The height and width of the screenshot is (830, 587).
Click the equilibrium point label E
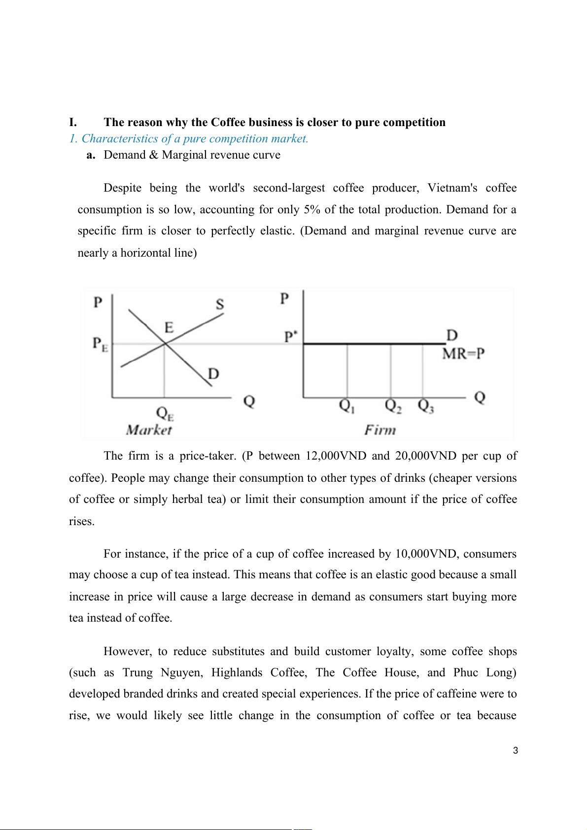pyautogui.click(x=169, y=328)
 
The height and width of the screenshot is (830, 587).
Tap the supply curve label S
pyautogui.click(x=220, y=304)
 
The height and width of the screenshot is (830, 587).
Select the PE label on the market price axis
pyautogui.click(x=100, y=344)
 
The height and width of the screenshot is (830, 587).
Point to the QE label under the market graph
pyautogui.click(x=165, y=413)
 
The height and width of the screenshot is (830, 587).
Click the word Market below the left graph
pyautogui.click(x=149, y=430)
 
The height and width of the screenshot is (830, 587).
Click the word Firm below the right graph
pyautogui.click(x=380, y=430)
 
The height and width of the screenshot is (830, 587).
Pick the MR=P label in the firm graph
pyautogui.click(x=463, y=354)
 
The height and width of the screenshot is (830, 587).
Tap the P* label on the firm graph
pyautogui.click(x=291, y=337)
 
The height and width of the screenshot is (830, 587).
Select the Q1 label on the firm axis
pyautogui.click(x=347, y=406)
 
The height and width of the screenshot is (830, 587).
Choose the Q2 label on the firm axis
pyautogui.click(x=393, y=406)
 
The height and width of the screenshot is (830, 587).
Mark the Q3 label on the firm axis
pyautogui.click(x=426, y=406)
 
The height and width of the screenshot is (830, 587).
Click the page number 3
pyautogui.click(x=516, y=751)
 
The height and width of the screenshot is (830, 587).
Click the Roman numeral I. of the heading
pyautogui.click(x=73, y=123)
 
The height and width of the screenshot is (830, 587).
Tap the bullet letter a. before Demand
pyautogui.click(x=91, y=155)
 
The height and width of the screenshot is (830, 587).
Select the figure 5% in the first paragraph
pyautogui.click(x=312, y=210)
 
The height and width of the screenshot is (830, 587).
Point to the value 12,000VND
pyautogui.click(x=336, y=456)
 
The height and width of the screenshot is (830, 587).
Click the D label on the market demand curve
pyautogui.click(x=213, y=374)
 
